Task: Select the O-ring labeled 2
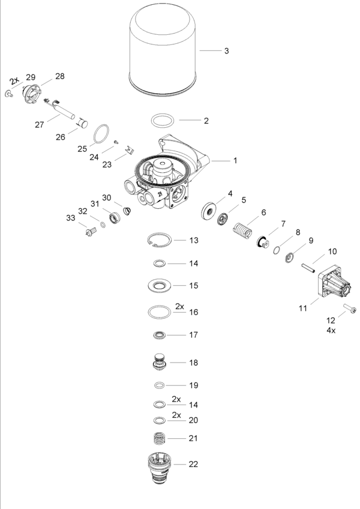pyautogui.click(x=163, y=120)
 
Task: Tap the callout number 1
pyautogui.click(x=236, y=161)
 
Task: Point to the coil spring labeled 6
pyautogui.click(x=242, y=230)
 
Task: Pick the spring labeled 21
pyautogui.click(x=159, y=439)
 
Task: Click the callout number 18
pyautogui.click(x=193, y=363)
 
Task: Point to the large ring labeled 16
pyautogui.click(x=160, y=312)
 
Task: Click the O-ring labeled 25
pyautogui.click(x=103, y=131)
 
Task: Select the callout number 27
pyautogui.click(x=40, y=125)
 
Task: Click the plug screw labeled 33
pyautogui.click(x=91, y=230)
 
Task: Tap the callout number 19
pyautogui.click(x=193, y=385)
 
